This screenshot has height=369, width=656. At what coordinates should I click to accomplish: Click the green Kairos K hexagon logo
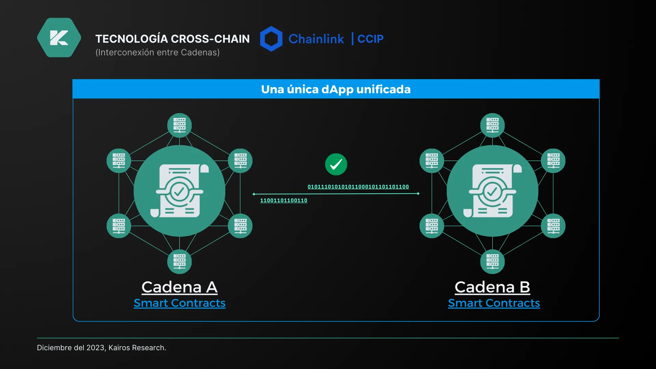[59, 38]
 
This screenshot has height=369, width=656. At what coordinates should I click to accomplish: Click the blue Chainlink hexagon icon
[271, 39]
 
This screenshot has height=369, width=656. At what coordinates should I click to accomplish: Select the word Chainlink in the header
[316, 39]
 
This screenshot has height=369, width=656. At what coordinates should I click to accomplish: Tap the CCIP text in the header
[370, 39]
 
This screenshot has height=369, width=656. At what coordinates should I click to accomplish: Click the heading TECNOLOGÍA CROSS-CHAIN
[173, 39]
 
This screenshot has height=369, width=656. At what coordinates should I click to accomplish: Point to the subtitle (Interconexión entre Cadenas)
[158, 52]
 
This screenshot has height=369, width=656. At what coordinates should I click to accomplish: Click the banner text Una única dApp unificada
[336, 89]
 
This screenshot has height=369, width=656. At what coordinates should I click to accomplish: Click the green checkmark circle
[336, 164]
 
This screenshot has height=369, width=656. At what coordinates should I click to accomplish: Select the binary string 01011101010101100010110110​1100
[358, 187]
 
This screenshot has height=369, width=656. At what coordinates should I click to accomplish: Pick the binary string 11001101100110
[284, 200]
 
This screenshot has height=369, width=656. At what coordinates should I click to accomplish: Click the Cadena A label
[180, 287]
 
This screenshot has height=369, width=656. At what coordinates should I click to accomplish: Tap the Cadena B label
[492, 287]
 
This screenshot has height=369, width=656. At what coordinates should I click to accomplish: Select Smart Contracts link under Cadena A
[180, 303]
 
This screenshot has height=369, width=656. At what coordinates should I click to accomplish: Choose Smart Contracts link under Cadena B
[494, 303]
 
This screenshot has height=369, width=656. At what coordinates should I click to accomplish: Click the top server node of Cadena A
[179, 125]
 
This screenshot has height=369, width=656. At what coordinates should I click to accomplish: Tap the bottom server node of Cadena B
[492, 262]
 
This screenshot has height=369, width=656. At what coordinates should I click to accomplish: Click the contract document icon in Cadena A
[180, 191]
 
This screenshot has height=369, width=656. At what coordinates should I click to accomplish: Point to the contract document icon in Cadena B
[493, 191]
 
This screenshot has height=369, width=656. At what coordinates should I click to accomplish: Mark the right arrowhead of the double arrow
[419, 194]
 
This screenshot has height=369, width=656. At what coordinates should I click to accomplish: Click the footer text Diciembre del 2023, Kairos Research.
[101, 348]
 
